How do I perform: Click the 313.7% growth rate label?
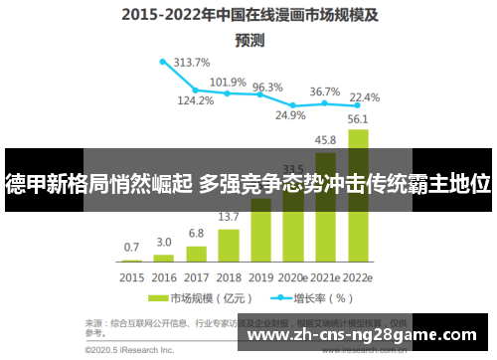pos(192,62)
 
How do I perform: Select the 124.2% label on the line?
pos(196,100)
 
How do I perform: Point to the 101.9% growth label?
pos(229,82)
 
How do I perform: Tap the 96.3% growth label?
pos(267,88)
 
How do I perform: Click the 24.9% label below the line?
pos(290,115)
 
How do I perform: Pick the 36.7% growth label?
pos(324,91)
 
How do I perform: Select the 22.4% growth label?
pos(365,97)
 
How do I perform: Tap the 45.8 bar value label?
pos(325,140)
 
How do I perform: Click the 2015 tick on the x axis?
pos(132,277)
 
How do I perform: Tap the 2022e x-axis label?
pos(358,277)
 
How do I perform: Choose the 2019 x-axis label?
pos(260,277)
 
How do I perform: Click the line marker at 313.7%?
pos(163,61)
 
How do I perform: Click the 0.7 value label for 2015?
pos(131,247)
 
